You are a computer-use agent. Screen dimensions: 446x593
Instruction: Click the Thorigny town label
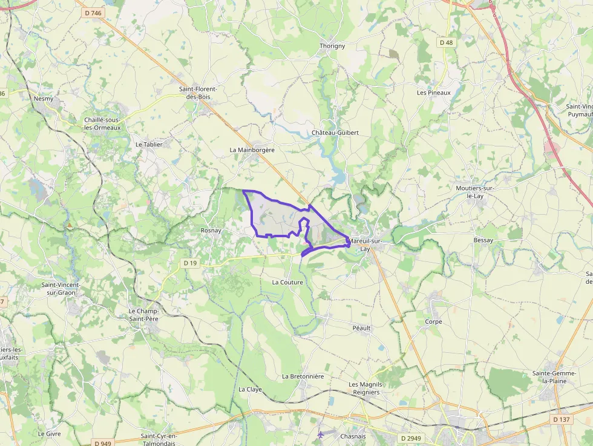pos(332,46)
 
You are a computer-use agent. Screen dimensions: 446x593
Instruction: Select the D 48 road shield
pos(446,42)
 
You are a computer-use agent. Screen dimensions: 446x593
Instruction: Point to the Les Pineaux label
pos(434,93)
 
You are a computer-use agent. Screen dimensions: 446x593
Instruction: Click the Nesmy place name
pos(44,99)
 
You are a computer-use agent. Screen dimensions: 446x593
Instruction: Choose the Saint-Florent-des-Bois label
pos(198,93)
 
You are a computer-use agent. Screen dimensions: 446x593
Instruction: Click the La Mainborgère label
pos(252,149)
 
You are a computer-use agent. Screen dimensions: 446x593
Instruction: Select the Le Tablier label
pos(149,145)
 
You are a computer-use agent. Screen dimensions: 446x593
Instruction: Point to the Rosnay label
pos(211,231)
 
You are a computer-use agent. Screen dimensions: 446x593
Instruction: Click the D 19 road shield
pos(191,263)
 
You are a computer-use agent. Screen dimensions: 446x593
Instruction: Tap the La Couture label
pos(287,282)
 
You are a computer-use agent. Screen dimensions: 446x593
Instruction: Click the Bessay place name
pos(483,240)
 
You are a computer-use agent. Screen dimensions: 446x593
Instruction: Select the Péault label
pos(361,328)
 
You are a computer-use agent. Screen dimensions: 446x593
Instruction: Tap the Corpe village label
pos(433,321)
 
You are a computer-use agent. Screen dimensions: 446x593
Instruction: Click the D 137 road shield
pos(561,419)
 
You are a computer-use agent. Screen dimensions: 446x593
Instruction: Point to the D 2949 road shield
pos(411,438)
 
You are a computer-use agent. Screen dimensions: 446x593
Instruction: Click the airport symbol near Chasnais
pos(321,435)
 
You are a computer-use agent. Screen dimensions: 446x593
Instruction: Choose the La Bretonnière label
pos(303,376)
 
